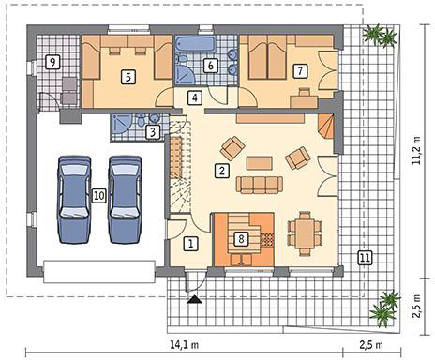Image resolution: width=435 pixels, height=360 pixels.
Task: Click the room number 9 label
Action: point(52,62)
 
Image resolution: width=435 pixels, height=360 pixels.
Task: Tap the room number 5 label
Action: point(128,77)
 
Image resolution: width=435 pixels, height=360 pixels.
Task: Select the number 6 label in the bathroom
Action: point(210,66)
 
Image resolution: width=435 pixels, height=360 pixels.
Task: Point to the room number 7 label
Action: point(300,70)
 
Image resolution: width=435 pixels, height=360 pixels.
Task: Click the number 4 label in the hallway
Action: point(195,97)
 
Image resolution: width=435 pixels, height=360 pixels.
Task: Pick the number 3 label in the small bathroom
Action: point(153,132)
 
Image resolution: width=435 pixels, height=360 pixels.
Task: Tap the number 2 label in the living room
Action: point(222,171)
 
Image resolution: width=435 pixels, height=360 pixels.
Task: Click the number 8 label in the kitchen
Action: point(241,239)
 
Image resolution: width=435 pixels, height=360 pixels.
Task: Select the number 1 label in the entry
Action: point(190,243)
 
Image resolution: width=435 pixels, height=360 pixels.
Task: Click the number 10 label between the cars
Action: point(98,196)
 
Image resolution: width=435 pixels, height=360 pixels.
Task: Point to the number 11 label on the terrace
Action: point(365,258)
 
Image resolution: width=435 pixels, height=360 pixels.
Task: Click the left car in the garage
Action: point(74,199)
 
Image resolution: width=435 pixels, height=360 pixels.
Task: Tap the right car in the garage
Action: point(125,199)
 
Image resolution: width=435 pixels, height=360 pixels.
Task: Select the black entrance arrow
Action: point(194,299)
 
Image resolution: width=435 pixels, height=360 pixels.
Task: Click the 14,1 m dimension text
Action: point(185,345)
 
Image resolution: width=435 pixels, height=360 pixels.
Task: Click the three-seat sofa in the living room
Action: point(260,185)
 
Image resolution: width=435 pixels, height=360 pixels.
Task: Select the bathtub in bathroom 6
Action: point(195,45)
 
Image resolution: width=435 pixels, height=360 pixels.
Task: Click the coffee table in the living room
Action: point(260,163)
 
